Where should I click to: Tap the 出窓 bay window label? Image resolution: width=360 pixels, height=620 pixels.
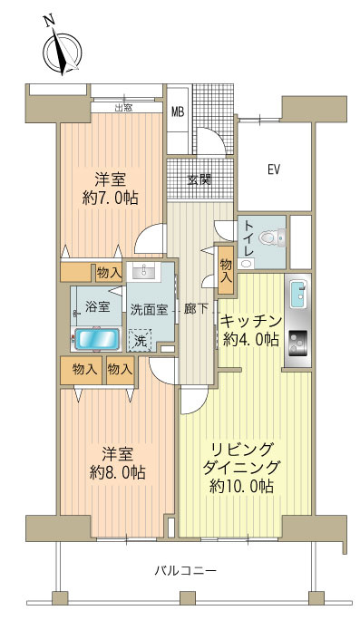point(126,109)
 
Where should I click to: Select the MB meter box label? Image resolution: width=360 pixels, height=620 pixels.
point(178,111)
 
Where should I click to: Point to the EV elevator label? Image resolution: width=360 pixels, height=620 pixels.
point(272,169)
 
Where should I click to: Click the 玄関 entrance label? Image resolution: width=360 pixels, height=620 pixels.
point(199,179)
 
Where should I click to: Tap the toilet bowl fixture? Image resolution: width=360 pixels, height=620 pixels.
point(268,239)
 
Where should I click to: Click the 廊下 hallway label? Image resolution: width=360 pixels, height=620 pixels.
point(196,309)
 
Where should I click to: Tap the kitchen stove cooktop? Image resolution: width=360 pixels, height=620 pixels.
point(297,346)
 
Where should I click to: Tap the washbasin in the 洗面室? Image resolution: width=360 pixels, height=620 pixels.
point(140,272)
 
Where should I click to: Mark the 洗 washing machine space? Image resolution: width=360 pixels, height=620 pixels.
point(141,342)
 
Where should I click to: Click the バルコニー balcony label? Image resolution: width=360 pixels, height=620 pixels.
point(184,571)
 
